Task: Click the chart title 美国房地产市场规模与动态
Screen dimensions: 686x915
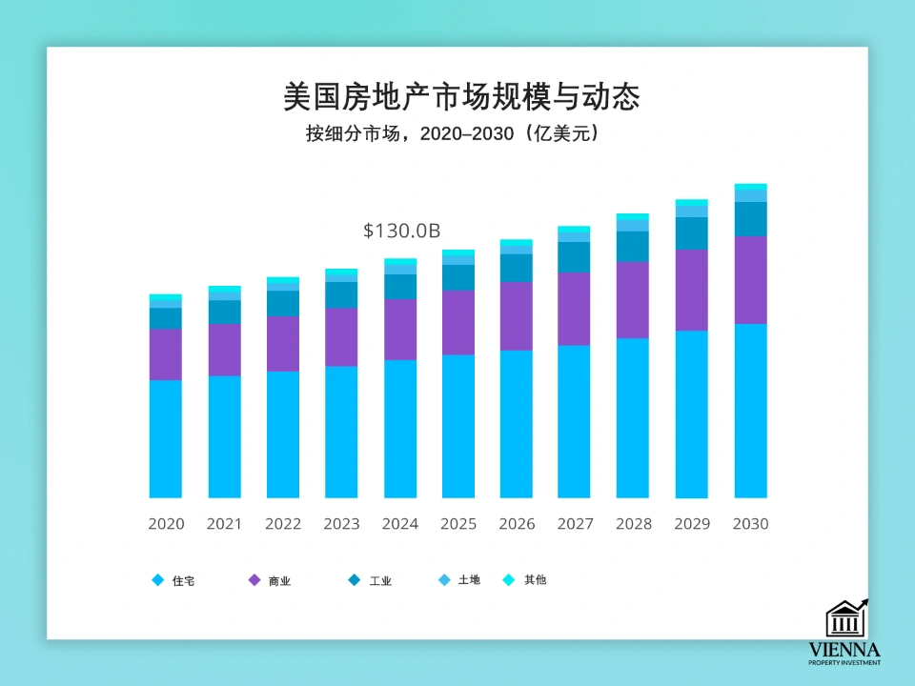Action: [x=461, y=96]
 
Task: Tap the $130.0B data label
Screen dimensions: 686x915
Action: [x=401, y=231]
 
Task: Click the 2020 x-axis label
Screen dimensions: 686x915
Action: [x=166, y=524]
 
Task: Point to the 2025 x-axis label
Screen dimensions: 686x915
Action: [x=458, y=524]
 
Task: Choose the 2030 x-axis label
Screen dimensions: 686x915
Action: [x=750, y=524]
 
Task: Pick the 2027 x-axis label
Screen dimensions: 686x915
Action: [x=575, y=524]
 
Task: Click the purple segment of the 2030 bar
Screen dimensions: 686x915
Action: [x=750, y=279]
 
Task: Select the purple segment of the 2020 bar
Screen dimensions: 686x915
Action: [x=166, y=354]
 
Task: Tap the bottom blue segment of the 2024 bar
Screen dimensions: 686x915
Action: [x=400, y=429]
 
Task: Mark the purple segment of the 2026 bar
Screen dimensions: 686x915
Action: [x=517, y=315]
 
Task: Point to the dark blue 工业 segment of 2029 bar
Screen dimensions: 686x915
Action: [x=692, y=233]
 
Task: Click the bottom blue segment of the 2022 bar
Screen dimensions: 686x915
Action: [x=283, y=434]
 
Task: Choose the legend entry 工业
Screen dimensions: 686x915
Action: [x=371, y=580]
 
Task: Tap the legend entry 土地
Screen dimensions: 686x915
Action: [x=458, y=580]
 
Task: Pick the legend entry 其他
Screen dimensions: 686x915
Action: [x=525, y=580]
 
